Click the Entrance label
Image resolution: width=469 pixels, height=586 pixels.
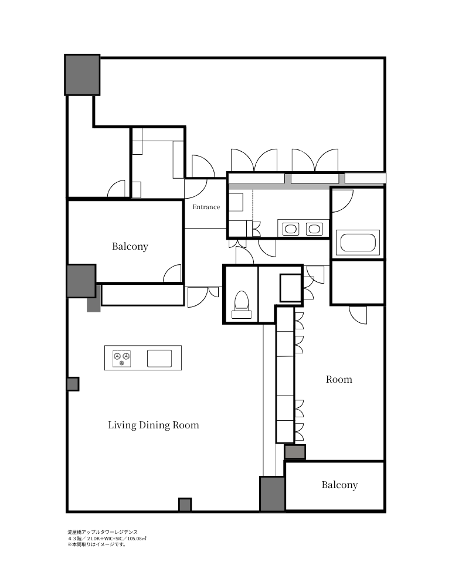coord(206,207)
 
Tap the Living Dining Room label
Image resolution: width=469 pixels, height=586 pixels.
coord(154,425)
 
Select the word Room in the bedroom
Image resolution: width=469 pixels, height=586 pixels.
coord(339,379)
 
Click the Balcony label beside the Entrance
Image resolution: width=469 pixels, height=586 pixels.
coord(130,246)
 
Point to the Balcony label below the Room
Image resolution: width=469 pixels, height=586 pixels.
coord(339,485)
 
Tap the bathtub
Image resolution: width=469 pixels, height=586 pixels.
coord(358,243)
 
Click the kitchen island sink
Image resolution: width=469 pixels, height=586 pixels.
coord(159,359)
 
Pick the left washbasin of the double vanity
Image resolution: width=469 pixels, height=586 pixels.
coord(291,229)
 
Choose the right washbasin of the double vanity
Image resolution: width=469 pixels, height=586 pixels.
coord(314,229)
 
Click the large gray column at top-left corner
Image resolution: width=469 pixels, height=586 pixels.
coord(82,75)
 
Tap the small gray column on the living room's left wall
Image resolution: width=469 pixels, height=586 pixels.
coord(73,384)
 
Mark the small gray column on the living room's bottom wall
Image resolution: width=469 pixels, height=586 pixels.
coord(185,505)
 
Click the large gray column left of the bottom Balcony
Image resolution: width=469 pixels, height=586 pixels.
coord(272,493)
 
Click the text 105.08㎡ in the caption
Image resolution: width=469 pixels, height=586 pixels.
coord(137,539)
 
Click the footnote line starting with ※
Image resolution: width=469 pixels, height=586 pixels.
coord(97,544)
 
